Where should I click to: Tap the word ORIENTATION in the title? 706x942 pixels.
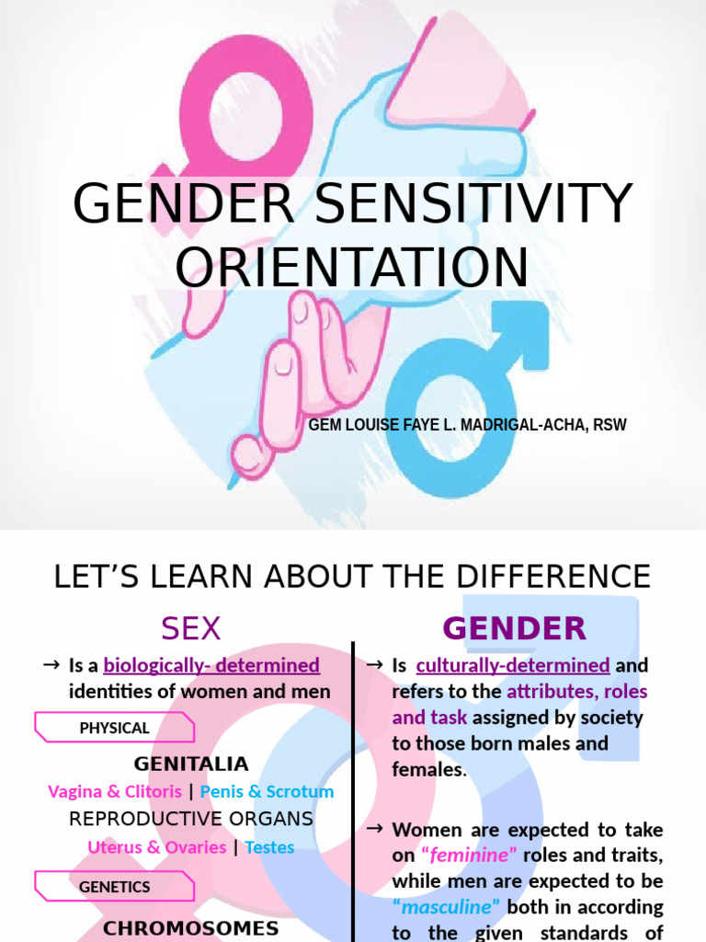(352, 266)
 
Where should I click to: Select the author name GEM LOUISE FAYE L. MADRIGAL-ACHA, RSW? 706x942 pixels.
(467, 426)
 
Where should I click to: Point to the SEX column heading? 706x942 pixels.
(191, 629)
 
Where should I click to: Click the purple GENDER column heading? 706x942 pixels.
(514, 629)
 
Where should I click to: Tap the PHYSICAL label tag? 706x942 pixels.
(114, 728)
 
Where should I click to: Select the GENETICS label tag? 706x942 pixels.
(114, 887)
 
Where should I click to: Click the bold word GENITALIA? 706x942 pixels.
(191, 764)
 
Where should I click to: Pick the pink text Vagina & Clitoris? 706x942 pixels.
(114, 791)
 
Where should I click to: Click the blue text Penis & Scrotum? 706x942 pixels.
(267, 791)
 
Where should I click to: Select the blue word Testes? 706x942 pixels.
(269, 846)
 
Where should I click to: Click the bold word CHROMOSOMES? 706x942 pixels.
(191, 927)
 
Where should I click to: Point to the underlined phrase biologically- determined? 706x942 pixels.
(211, 664)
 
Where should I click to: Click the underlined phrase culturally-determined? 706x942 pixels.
(513, 664)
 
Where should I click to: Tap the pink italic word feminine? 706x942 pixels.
(470, 855)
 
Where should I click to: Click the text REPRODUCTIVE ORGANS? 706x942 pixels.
(191, 819)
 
